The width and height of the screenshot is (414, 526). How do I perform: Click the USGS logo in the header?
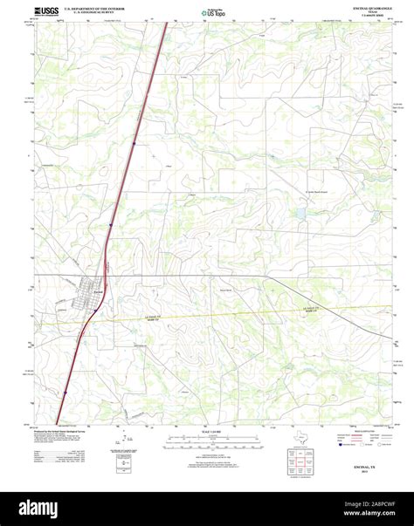point(45,12)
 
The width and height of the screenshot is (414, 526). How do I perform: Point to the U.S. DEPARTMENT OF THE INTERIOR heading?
point(100,9)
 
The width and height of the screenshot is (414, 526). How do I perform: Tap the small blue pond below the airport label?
point(300,212)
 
